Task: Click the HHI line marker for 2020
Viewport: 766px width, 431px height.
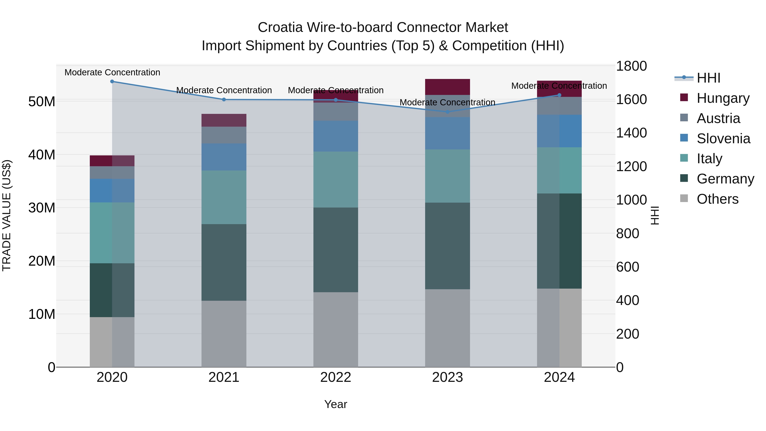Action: click(112, 82)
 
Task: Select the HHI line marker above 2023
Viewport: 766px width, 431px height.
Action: click(447, 112)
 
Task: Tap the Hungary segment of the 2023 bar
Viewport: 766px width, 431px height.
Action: click(447, 87)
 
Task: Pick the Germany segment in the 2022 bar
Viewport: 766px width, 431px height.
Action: click(336, 250)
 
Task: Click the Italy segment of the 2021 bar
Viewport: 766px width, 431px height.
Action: click(224, 197)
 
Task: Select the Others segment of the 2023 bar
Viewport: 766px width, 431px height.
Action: click(447, 328)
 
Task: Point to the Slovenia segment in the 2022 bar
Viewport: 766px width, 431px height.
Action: click(336, 136)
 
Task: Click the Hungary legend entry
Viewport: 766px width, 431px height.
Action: click(723, 98)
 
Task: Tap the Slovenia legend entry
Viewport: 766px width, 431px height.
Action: click(723, 138)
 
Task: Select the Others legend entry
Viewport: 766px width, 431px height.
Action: click(717, 199)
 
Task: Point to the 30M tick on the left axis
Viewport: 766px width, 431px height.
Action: click(42, 208)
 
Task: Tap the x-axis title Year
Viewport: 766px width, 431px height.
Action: click(336, 404)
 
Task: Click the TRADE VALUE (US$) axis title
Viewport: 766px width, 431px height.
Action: click(7, 215)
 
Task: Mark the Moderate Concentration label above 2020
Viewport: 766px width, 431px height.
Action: click(112, 72)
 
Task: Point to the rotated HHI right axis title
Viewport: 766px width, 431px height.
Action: click(655, 215)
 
